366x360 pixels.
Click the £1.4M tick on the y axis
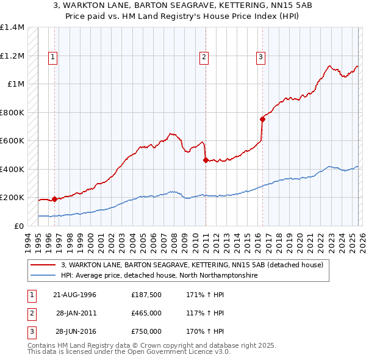coord(12,27)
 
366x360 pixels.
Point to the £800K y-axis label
coord(12,112)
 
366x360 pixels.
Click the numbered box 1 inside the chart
coord(54,58)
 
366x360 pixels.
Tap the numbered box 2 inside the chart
coord(204,58)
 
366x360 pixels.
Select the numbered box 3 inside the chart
coord(260,58)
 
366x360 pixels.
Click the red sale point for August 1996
coord(55,198)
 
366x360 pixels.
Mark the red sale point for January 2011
coord(206,160)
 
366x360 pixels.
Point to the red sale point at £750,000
coord(262,120)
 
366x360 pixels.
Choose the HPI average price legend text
coord(160,275)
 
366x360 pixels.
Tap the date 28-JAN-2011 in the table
coord(76,313)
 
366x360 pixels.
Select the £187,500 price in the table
coord(146,295)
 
